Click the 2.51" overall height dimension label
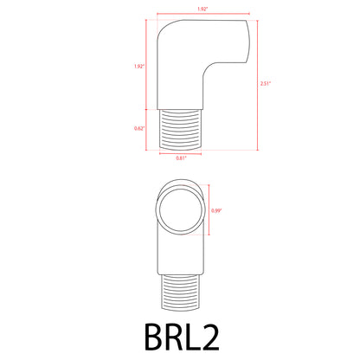(266, 84)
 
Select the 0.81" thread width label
(180, 158)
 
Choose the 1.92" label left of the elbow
(140, 66)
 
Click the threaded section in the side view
(179, 129)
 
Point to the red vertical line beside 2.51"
(258, 84)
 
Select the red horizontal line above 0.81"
(179, 152)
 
